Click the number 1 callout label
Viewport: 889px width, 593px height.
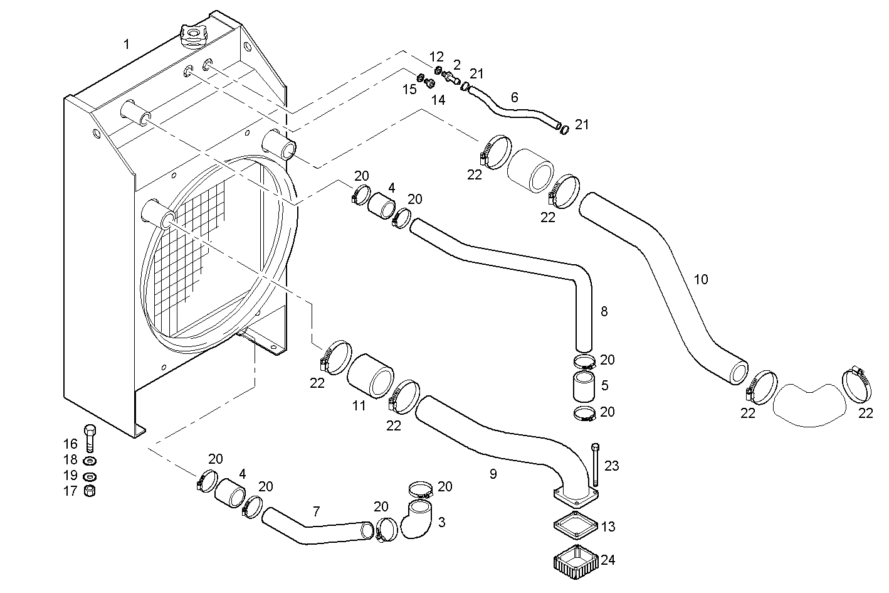click(x=127, y=44)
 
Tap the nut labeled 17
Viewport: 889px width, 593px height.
click(x=90, y=491)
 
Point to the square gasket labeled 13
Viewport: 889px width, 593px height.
click(x=576, y=526)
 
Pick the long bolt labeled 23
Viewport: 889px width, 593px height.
click(x=594, y=464)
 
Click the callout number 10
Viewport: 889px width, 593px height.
click(x=701, y=279)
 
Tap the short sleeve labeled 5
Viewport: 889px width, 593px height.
click(x=583, y=385)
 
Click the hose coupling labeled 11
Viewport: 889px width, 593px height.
click(x=371, y=375)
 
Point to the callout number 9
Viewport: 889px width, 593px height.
click(x=493, y=474)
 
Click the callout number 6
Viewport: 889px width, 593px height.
click(x=515, y=97)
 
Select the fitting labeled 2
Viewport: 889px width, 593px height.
click(x=449, y=77)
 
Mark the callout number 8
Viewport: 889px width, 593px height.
click(x=604, y=311)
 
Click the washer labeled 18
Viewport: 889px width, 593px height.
click(x=90, y=461)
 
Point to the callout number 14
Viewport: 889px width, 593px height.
click(x=438, y=99)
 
